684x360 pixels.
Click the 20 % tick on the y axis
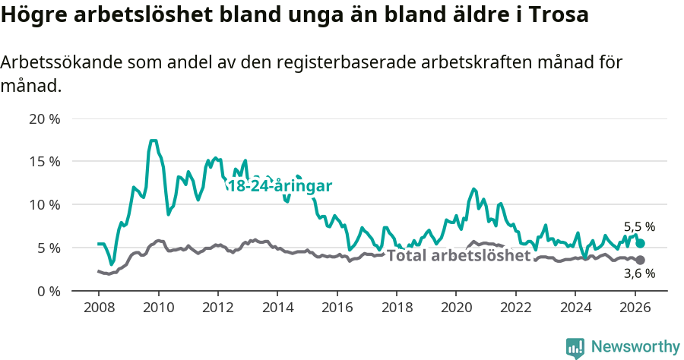(44, 118)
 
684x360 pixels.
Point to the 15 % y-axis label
(44, 162)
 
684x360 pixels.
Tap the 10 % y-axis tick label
(44, 204)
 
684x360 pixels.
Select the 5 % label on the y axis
(48, 248)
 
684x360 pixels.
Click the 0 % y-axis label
(48, 291)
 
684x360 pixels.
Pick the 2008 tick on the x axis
(99, 308)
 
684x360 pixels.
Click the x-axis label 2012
(217, 308)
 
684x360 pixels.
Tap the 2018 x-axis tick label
(396, 308)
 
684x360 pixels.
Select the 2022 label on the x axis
(515, 308)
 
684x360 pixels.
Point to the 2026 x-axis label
(634, 308)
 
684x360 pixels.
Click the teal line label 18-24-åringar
(280, 185)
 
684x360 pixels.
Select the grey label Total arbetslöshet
(458, 255)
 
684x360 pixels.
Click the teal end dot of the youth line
(640, 243)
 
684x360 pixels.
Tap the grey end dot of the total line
(640, 260)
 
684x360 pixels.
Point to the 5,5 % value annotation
(639, 226)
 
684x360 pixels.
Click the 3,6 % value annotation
(639, 274)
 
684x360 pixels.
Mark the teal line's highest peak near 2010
(153, 141)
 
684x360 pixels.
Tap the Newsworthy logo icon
(575, 347)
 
